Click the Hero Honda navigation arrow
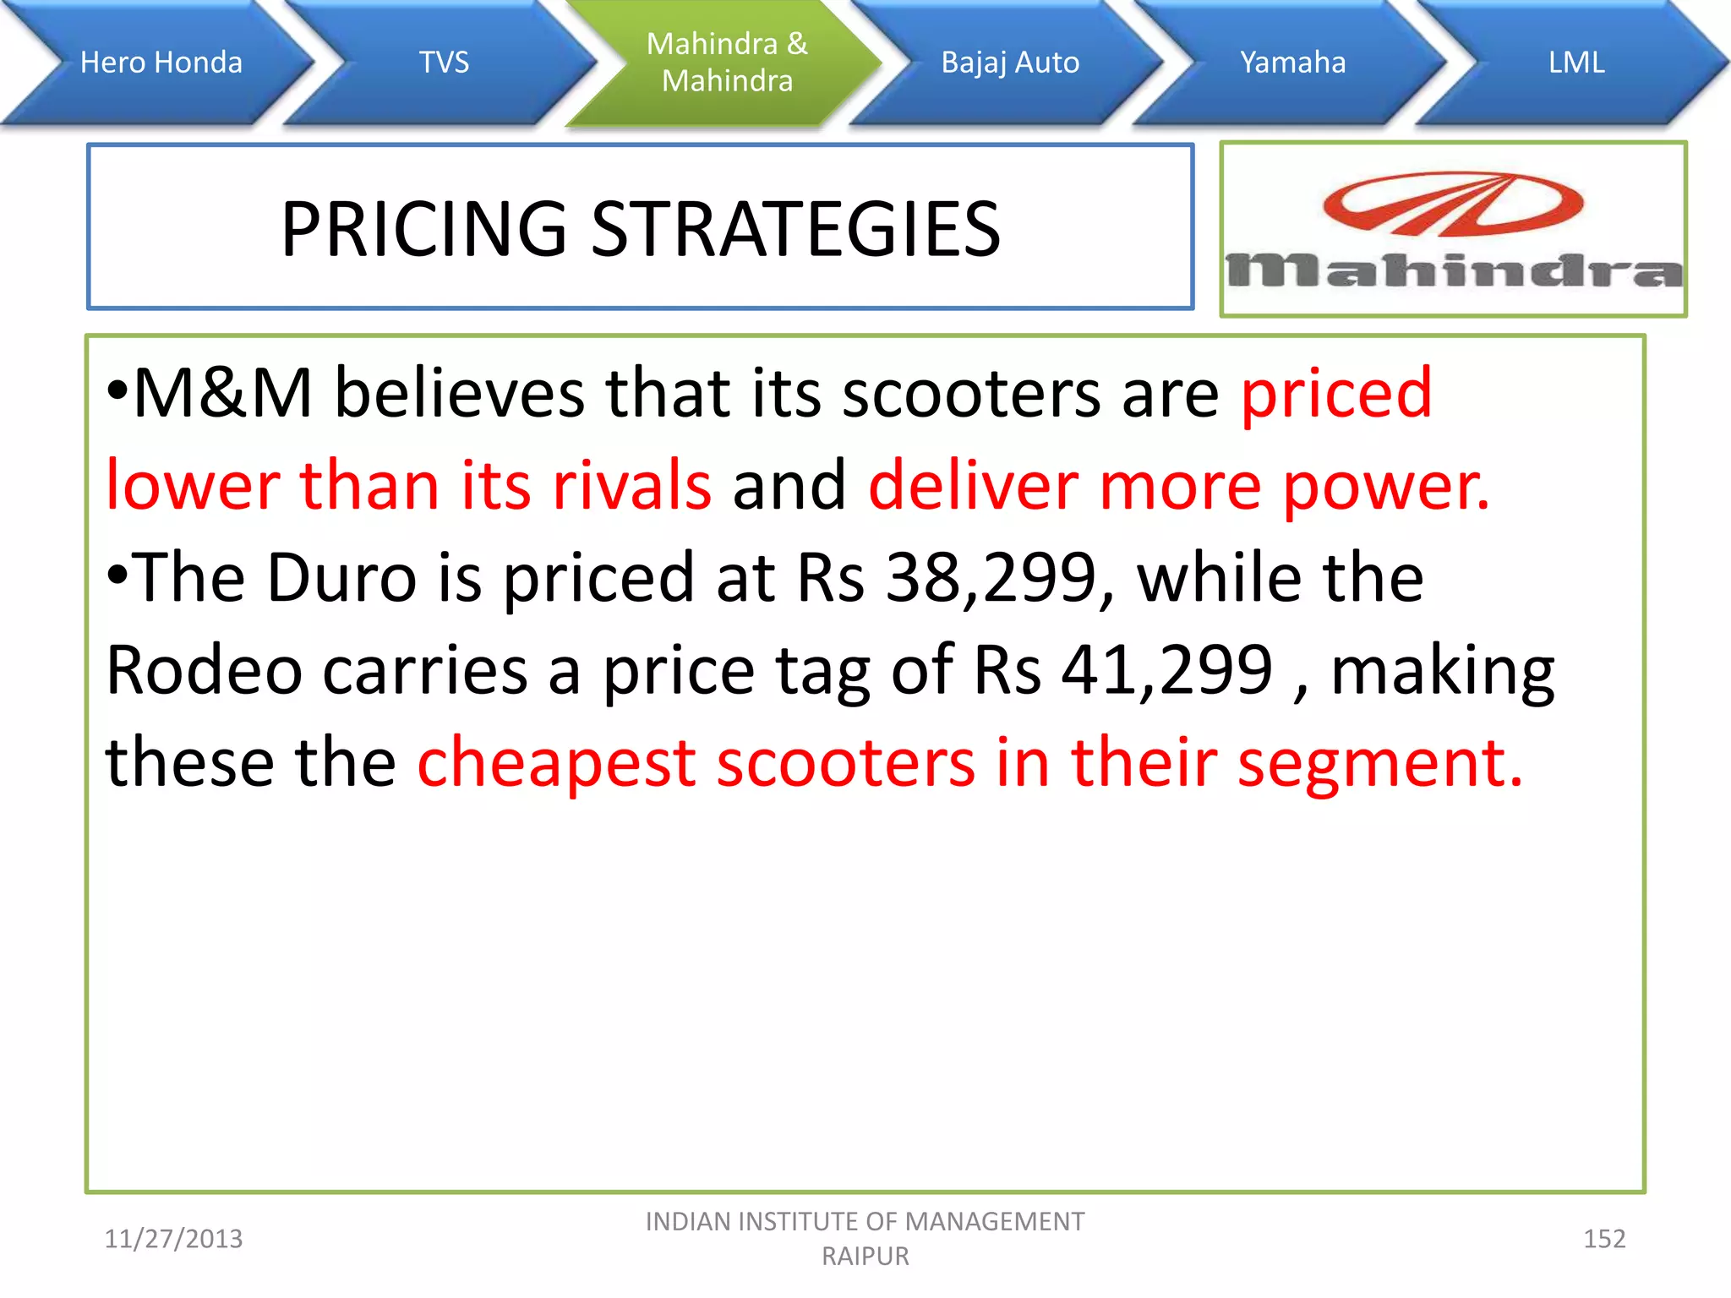pyautogui.click(x=161, y=63)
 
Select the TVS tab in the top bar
pyautogui.click(x=444, y=63)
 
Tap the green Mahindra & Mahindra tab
pyautogui.click(x=727, y=63)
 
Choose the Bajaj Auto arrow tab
pyautogui.click(x=1010, y=63)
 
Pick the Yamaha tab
pyautogui.click(x=1292, y=63)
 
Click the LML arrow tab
pyautogui.click(x=1576, y=63)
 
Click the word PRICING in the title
pyautogui.click(x=423, y=229)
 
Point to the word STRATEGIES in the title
pyautogui.click(x=795, y=229)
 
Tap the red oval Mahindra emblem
pyautogui.click(x=1453, y=204)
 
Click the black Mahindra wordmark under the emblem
pyautogui.click(x=1454, y=271)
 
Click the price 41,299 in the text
pyautogui.click(x=1166, y=670)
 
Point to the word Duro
pyautogui.click(x=342, y=578)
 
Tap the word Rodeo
pyautogui.click(x=204, y=670)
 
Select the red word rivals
pyautogui.click(x=631, y=486)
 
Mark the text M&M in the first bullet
pyautogui.click(x=223, y=394)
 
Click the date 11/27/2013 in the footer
pyautogui.click(x=173, y=1239)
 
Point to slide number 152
pyautogui.click(x=1603, y=1239)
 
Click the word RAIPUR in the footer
pyautogui.click(x=865, y=1257)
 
